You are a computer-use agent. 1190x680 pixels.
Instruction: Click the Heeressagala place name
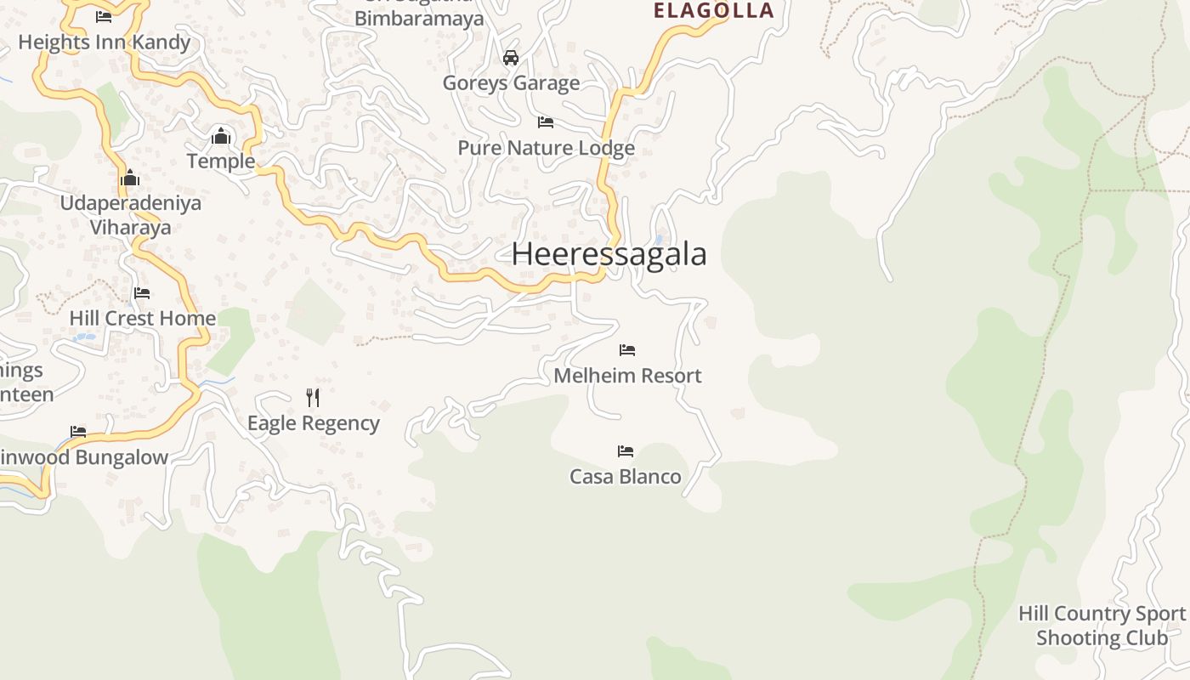tap(609, 254)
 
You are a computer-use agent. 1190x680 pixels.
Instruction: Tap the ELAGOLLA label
tap(713, 10)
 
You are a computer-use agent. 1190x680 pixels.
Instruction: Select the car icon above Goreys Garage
tap(511, 58)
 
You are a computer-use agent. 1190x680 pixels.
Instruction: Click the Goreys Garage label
tap(511, 82)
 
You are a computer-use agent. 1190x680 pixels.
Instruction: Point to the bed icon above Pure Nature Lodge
tap(546, 122)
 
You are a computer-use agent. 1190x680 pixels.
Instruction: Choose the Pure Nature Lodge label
tap(546, 148)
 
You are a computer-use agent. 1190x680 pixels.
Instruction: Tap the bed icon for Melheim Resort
tap(627, 349)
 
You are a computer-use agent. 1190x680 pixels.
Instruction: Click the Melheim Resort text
tap(627, 375)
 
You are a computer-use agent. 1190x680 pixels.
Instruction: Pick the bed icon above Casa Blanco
tap(626, 450)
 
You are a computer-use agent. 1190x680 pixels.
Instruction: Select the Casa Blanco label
tap(626, 476)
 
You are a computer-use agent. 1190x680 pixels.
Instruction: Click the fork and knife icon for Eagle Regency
tap(313, 397)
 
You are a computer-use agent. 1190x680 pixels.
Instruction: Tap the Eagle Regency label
tap(313, 422)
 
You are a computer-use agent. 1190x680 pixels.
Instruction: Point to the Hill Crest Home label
tap(142, 318)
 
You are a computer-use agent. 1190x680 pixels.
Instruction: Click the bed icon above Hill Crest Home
tap(142, 293)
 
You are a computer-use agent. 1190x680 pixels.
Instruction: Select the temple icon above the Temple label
tap(221, 135)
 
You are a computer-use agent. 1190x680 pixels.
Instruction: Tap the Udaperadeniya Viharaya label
tap(131, 214)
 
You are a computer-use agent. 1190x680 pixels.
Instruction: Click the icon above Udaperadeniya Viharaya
tap(130, 178)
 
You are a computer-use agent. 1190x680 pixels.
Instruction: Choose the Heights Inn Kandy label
tap(104, 42)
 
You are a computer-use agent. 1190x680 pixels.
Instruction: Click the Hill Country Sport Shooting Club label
tap(1102, 625)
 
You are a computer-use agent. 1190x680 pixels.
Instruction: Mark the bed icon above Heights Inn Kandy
tap(104, 16)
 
